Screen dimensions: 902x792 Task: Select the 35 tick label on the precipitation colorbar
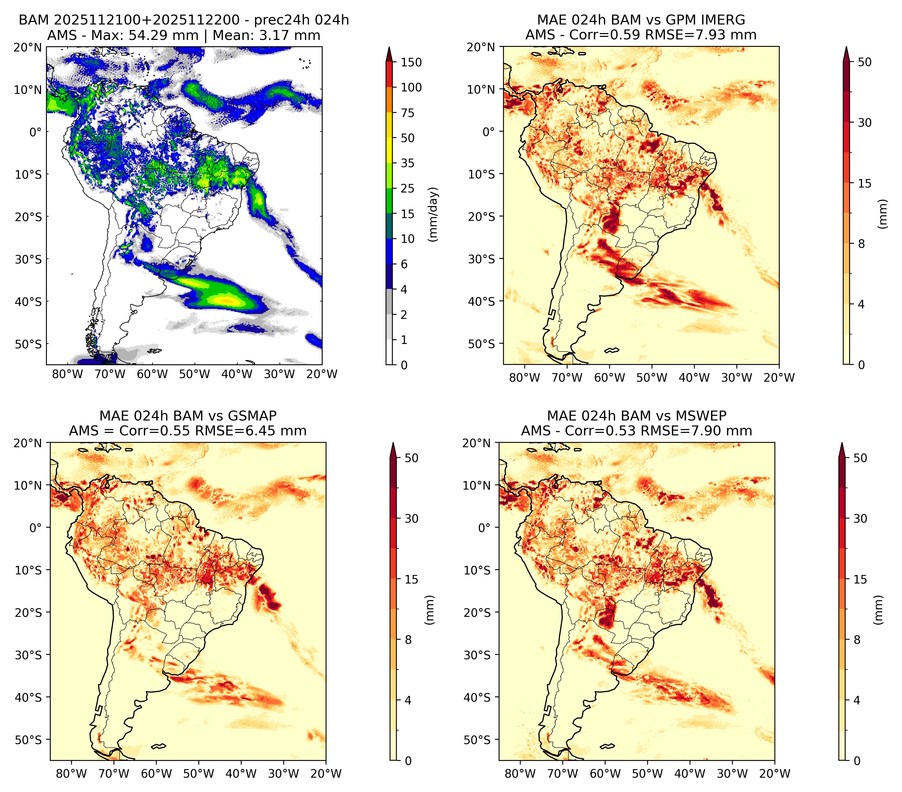coord(407,163)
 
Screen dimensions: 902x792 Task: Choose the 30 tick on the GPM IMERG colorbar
coord(865,123)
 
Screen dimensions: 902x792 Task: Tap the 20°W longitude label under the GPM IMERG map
coord(779,378)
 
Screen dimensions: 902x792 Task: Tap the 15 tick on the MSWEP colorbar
coord(860,579)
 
